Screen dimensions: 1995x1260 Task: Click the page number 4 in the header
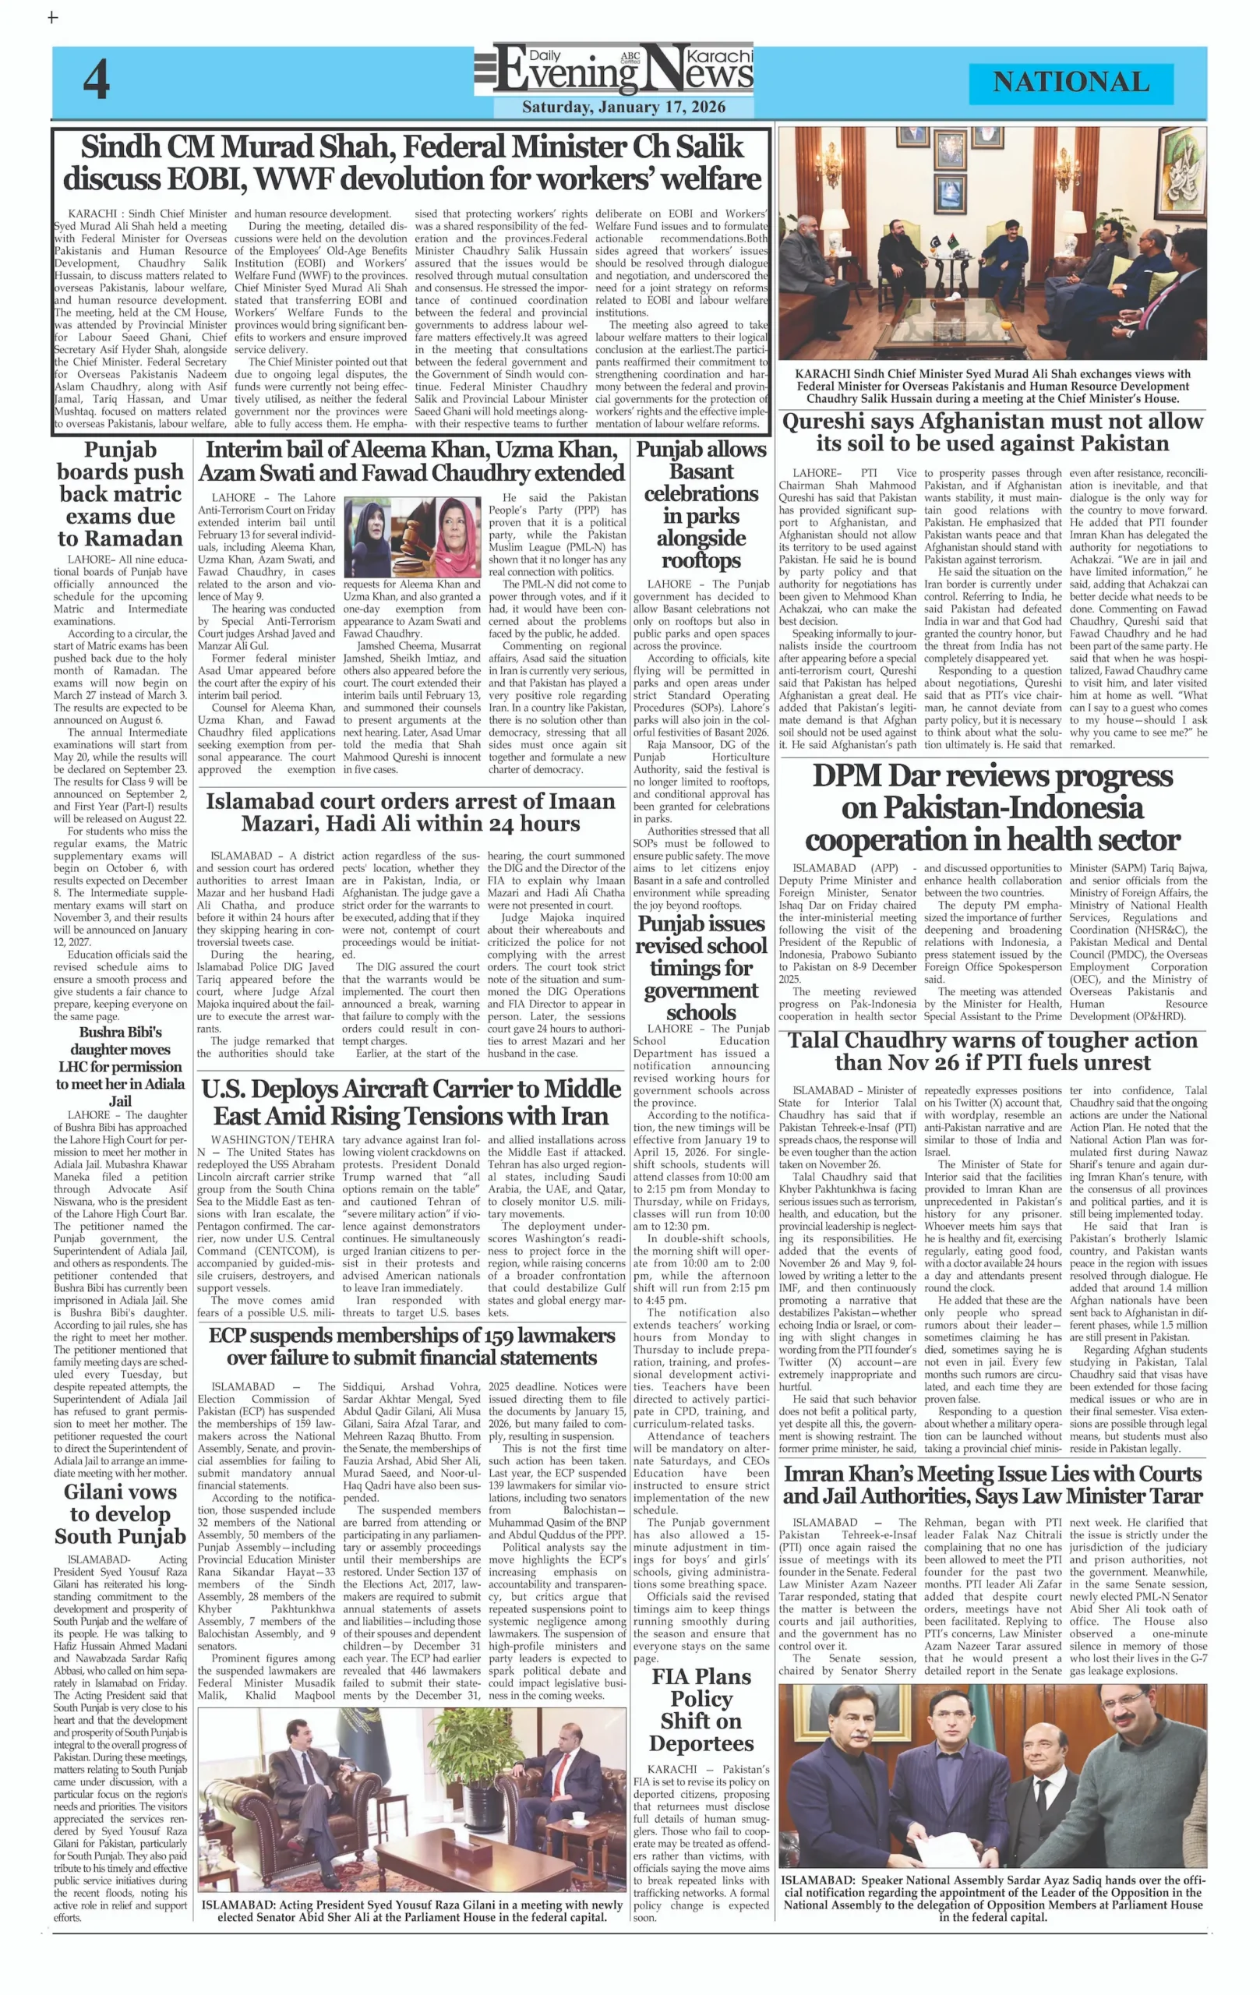coord(96,80)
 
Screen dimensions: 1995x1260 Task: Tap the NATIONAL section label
coord(1071,82)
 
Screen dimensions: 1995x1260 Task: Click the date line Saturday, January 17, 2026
coord(623,107)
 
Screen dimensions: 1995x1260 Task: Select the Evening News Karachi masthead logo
coord(615,69)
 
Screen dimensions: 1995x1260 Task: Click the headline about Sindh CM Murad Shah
coord(411,163)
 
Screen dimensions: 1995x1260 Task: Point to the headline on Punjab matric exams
coord(121,494)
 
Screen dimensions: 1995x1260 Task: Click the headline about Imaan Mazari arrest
coord(411,812)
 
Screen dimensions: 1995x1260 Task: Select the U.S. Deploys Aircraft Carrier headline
coord(411,1102)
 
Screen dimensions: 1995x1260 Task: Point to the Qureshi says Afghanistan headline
coord(993,433)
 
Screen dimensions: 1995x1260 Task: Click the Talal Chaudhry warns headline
coord(993,1051)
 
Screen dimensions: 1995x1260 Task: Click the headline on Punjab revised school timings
coord(701,968)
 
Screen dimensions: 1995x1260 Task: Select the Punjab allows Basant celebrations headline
coord(701,504)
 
